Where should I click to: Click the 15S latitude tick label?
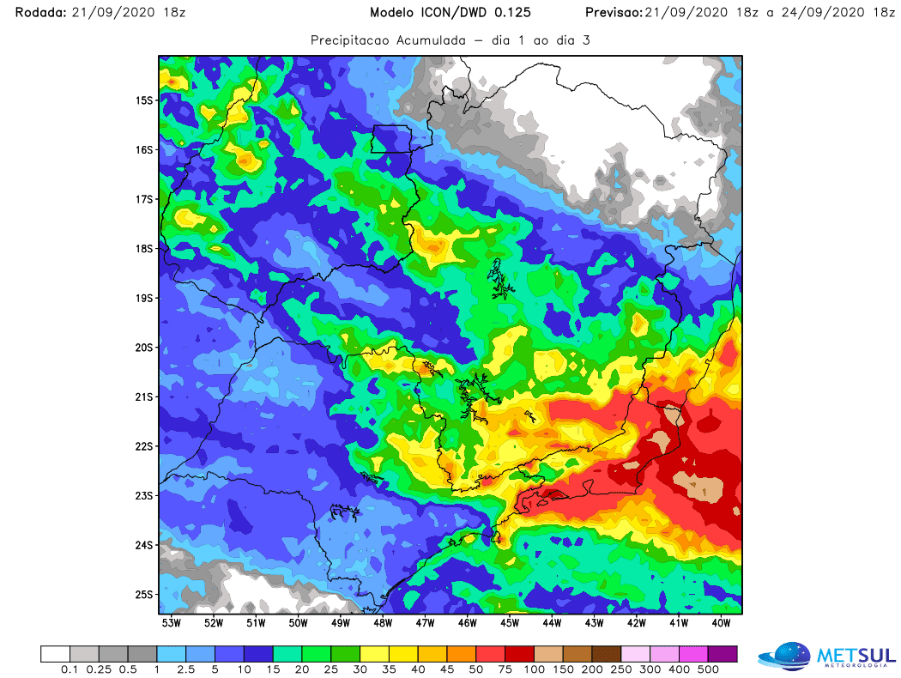[142, 100]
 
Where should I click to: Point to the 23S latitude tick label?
[142, 496]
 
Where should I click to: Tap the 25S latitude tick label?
[142, 595]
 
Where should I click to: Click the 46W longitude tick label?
[468, 622]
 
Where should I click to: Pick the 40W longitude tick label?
[721, 622]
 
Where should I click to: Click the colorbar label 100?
[535, 669]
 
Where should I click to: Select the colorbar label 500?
[709, 669]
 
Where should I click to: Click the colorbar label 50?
[476, 669]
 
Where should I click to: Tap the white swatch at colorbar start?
[55, 653]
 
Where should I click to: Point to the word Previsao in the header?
[610, 13]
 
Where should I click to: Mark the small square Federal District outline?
[390, 139]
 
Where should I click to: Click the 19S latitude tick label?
[142, 298]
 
